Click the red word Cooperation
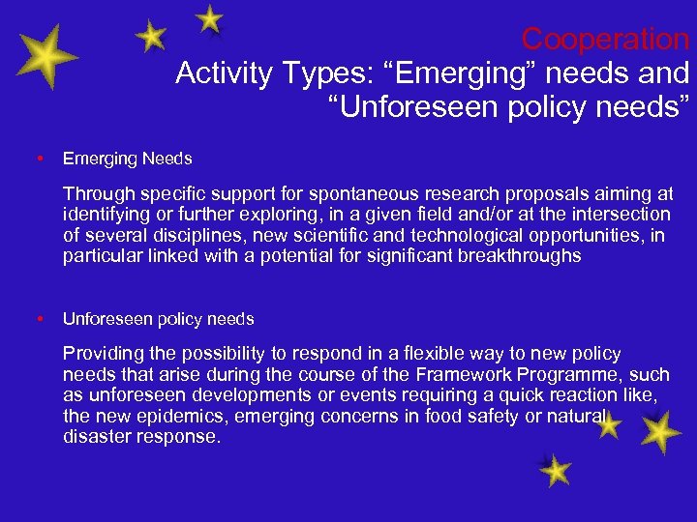(605, 40)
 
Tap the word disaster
(94, 436)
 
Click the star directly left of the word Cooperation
(209, 19)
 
